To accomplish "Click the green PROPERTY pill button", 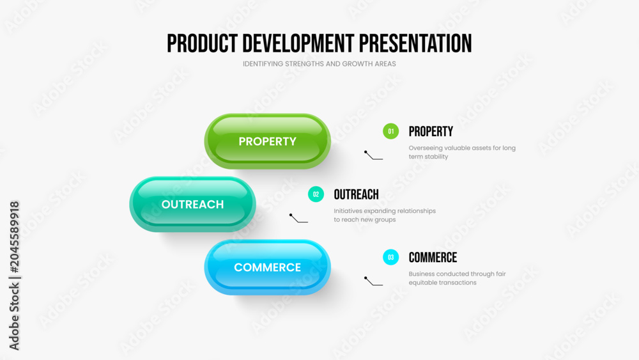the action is pyautogui.click(x=267, y=141).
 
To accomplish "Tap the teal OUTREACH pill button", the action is pyautogui.click(x=192, y=204).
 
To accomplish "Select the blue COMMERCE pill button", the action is pyautogui.click(x=267, y=267).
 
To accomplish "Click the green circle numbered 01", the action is pyautogui.click(x=390, y=131).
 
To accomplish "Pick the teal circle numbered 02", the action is pyautogui.click(x=316, y=194).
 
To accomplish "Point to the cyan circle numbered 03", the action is pyautogui.click(x=390, y=257).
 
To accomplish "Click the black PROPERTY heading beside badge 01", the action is pyautogui.click(x=431, y=131).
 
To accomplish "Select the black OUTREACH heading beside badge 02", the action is pyautogui.click(x=356, y=194).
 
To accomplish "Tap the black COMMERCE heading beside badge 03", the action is pyautogui.click(x=433, y=257).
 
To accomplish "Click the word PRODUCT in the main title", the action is pyautogui.click(x=202, y=43).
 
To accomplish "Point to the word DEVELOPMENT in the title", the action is pyautogui.click(x=298, y=43).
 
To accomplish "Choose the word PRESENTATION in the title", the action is pyautogui.click(x=415, y=43).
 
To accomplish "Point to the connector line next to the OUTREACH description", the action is pyautogui.click(x=298, y=219).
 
